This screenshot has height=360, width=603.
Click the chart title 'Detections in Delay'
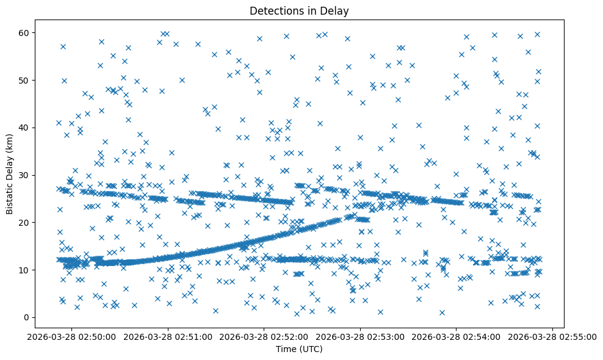click(x=299, y=10)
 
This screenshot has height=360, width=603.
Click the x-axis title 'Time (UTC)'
click(x=299, y=349)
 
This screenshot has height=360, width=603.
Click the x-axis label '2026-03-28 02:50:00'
click(x=72, y=336)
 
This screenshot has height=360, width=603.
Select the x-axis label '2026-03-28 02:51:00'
click(x=168, y=336)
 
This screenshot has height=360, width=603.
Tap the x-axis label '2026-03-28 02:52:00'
click(x=264, y=336)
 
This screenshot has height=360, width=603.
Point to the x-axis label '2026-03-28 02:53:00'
click(x=360, y=336)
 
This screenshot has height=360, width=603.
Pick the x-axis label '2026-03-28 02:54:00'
click(x=457, y=336)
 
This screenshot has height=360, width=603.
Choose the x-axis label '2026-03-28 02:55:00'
click(x=552, y=336)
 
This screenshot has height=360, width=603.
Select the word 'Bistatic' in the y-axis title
click(x=10, y=195)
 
